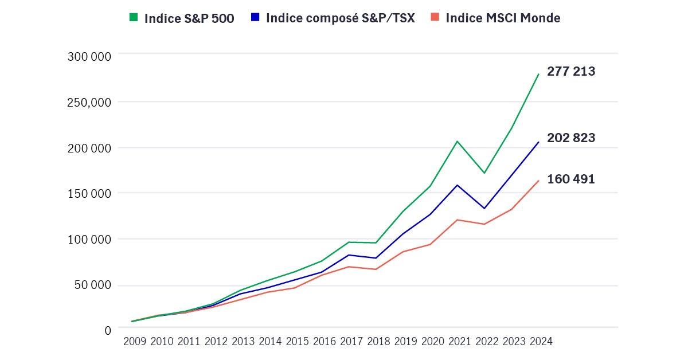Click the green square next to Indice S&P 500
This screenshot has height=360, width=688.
pyautogui.click(x=134, y=18)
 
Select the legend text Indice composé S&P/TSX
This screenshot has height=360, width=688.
pyautogui.click(x=341, y=18)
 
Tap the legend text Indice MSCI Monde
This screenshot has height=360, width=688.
pyautogui.click(x=503, y=18)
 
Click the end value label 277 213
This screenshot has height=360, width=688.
pyautogui.click(x=571, y=72)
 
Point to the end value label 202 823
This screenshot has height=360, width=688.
pyautogui.click(x=571, y=138)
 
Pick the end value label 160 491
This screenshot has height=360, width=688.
pyautogui.click(x=571, y=179)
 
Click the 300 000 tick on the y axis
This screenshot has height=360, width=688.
pyautogui.click(x=89, y=56)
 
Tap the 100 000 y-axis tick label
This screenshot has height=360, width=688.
pyautogui.click(x=89, y=239)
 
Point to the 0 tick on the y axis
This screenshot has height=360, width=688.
pyautogui.click(x=107, y=331)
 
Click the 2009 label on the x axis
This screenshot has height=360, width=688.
pyautogui.click(x=135, y=342)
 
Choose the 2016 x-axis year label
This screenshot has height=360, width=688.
pyautogui.click(x=325, y=342)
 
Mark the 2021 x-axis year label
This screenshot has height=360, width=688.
pyautogui.click(x=460, y=342)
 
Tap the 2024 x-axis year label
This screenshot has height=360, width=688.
pyautogui.click(x=541, y=342)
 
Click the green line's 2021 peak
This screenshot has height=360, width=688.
pyautogui.click(x=458, y=141)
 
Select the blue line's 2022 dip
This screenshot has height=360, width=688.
pyautogui.click(x=484, y=208)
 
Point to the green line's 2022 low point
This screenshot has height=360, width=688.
pyautogui.click(x=484, y=173)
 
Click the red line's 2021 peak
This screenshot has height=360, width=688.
pyautogui.click(x=458, y=220)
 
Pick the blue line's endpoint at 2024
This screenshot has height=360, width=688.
pyautogui.click(x=538, y=142)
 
